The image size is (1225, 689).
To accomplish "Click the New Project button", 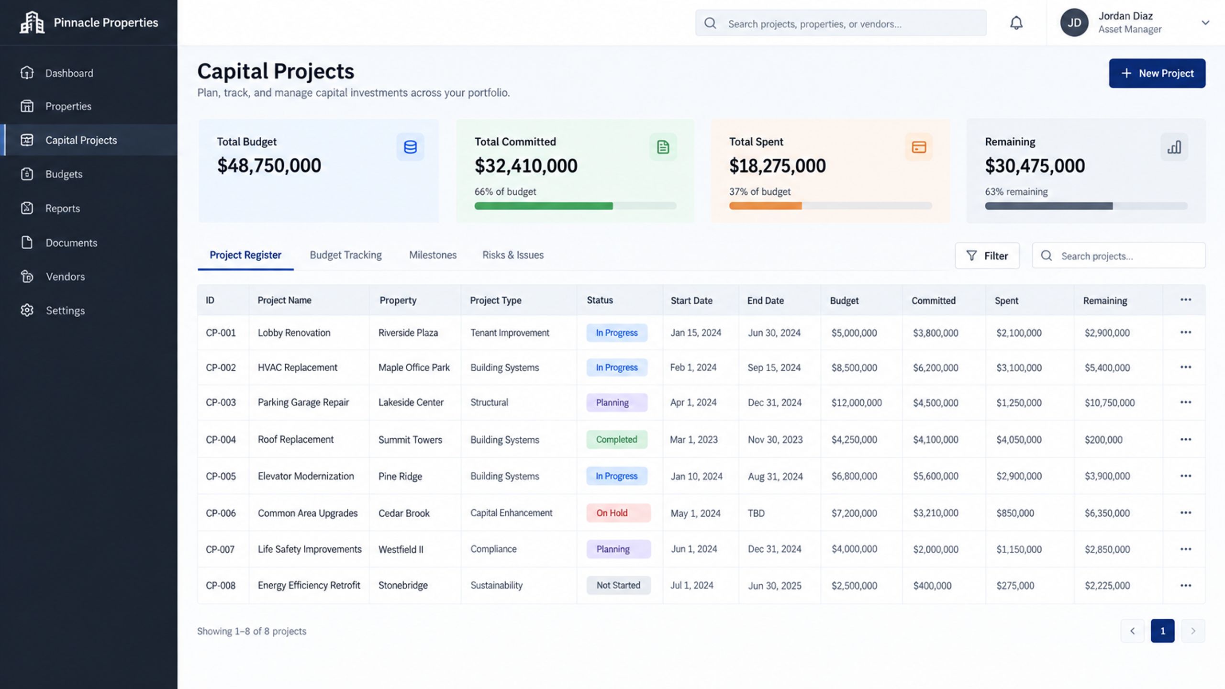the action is tap(1157, 73).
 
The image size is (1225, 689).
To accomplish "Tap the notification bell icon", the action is tap(1016, 23).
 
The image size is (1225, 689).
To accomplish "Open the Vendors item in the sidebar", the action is tap(65, 277).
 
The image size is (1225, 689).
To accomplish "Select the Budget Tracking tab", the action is tap(345, 255).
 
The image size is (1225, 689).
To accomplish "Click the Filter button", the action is tap(987, 256).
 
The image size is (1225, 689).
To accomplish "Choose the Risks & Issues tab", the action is tap(513, 255).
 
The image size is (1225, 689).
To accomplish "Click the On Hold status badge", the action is tap(618, 513).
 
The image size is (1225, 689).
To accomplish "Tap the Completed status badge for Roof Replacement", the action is tap(617, 439).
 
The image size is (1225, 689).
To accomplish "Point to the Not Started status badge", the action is tap(618, 585).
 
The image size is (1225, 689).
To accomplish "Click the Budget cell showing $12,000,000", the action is tap(857, 403).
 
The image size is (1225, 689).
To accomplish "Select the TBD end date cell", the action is tap(756, 513).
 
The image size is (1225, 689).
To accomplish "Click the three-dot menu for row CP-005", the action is tap(1186, 476).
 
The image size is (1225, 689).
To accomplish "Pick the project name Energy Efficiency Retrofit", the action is tap(309, 585).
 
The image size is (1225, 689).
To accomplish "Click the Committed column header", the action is tap(934, 300).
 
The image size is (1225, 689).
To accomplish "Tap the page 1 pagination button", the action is tap(1163, 631).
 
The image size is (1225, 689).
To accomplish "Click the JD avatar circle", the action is tap(1074, 23).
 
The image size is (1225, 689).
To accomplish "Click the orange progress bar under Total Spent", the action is tap(766, 206).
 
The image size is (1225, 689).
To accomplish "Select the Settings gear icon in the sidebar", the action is tap(27, 310).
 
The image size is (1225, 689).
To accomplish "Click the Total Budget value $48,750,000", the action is tap(269, 166).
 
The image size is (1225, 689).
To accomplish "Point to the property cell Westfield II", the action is tap(401, 549).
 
